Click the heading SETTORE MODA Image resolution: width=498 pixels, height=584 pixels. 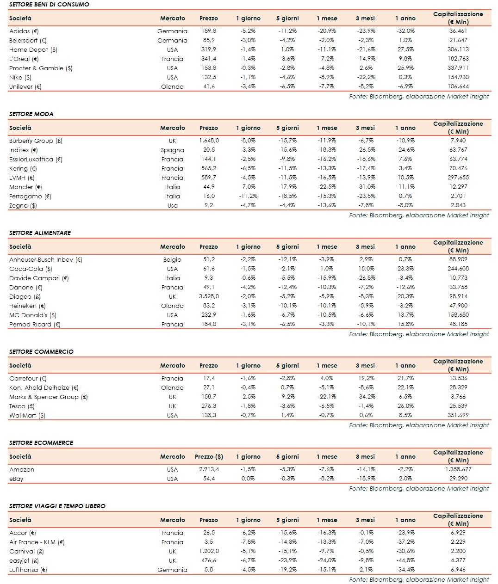31,114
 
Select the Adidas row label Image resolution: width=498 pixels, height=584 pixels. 24,31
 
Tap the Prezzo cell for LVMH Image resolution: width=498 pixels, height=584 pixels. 209,178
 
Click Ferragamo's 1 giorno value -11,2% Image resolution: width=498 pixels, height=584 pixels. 248,196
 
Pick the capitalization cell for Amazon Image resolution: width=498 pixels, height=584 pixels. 458,469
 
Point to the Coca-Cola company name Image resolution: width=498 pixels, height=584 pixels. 31,269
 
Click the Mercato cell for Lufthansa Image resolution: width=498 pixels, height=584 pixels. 172,570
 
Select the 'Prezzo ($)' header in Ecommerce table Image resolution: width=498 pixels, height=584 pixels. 209,456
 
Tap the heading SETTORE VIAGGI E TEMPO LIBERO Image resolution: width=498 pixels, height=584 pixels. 57,506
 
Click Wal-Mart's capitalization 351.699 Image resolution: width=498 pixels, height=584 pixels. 458,415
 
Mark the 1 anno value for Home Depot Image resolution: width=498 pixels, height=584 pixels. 405,49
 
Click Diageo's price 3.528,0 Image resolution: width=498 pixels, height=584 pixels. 209,296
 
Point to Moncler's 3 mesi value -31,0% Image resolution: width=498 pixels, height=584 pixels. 366,187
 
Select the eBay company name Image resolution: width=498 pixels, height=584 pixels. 16,479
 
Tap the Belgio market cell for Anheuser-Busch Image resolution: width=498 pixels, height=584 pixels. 172,259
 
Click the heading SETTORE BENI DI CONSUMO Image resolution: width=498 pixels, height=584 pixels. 49,4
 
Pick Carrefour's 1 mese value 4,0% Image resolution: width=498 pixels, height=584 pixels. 327,378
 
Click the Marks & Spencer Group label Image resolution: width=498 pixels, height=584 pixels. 48,397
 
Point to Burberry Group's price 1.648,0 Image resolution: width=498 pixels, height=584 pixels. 209,141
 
